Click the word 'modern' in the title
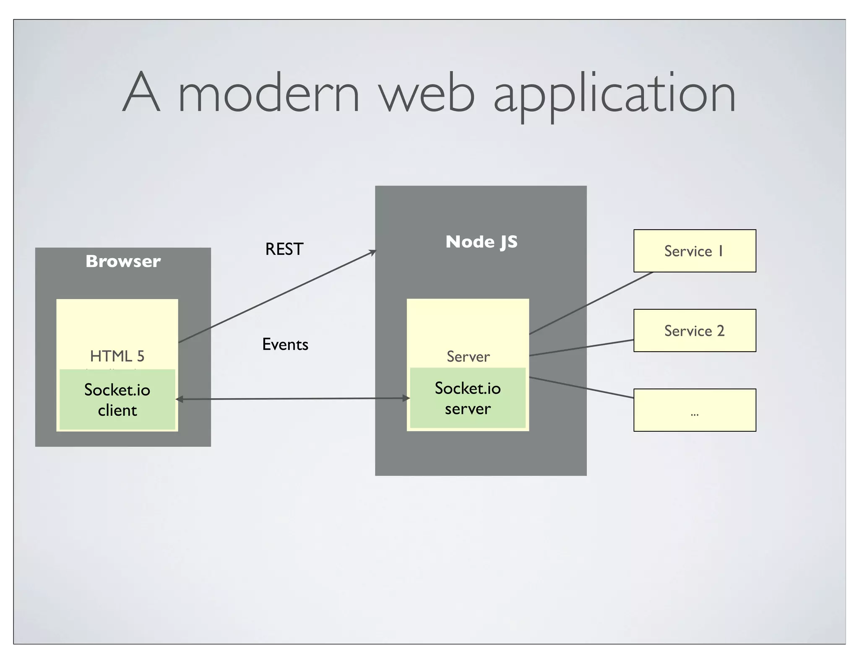[x=269, y=93]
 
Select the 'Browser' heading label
[x=123, y=261]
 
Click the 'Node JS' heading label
[x=481, y=242]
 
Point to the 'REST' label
[x=284, y=249]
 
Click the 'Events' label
[x=285, y=344]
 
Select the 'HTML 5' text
[x=117, y=356]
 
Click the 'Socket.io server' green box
[x=468, y=398]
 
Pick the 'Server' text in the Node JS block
[x=468, y=357]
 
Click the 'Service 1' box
[x=695, y=251]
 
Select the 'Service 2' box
[x=695, y=330]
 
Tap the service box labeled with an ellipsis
[x=695, y=410]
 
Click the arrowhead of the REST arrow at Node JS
[x=373, y=252]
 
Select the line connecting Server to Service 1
[x=591, y=303]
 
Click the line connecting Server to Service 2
[x=581, y=348]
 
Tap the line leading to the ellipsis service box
[x=581, y=388]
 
